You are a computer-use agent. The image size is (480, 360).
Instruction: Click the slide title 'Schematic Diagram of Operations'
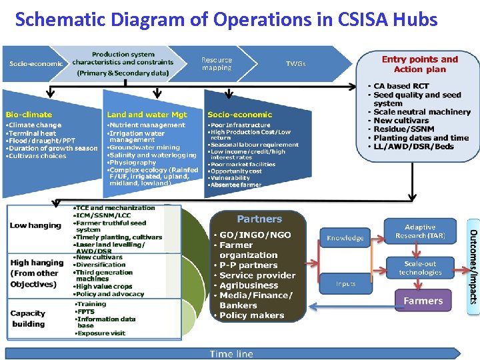pyautogui.click(x=226, y=19)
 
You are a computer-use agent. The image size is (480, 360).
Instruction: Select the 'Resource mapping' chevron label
pyautogui.click(x=217, y=64)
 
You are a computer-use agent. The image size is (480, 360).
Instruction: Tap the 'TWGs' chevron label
pyautogui.click(x=295, y=64)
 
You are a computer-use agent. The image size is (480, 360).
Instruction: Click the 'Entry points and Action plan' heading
pyautogui.click(x=419, y=64)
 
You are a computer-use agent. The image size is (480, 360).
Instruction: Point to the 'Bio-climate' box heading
pyautogui.click(x=29, y=115)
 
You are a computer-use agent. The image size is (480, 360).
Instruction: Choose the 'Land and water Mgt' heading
pyautogui.click(x=147, y=115)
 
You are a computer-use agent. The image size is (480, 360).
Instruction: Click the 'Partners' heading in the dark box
pyautogui.click(x=259, y=219)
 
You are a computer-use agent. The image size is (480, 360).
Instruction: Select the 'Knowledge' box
pyautogui.click(x=345, y=238)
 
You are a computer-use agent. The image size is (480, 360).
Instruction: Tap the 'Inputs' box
pyautogui.click(x=345, y=283)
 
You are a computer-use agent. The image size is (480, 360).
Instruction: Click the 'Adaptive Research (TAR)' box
pyautogui.click(x=420, y=231)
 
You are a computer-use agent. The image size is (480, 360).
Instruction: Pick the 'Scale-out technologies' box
pyautogui.click(x=420, y=268)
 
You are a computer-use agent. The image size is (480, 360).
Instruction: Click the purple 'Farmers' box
pyautogui.click(x=423, y=301)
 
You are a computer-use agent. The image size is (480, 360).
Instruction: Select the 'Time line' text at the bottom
pyautogui.click(x=231, y=354)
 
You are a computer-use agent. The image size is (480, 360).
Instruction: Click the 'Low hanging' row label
pyautogui.click(x=35, y=225)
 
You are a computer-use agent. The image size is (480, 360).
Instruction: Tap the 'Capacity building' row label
pyautogui.click(x=28, y=319)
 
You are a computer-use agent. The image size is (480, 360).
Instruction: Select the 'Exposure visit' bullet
pyautogui.click(x=101, y=332)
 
